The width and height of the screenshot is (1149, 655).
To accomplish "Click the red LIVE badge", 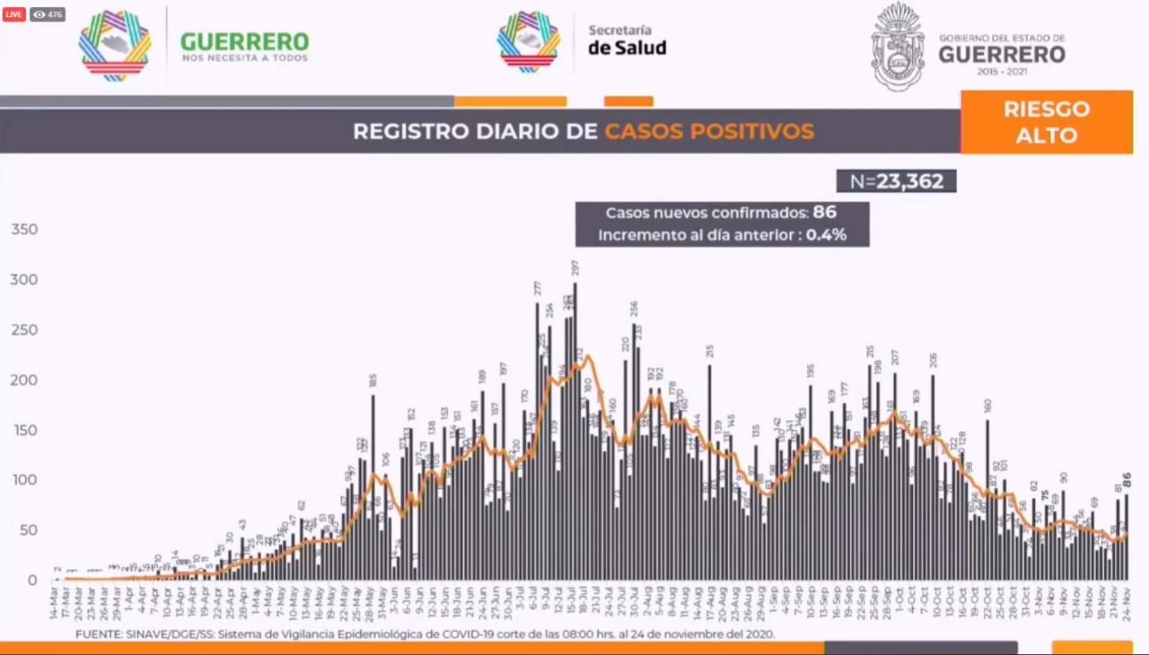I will pos(14,14).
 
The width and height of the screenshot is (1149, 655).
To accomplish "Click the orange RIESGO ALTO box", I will pos(1046,122).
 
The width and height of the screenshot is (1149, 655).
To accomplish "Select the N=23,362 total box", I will pos(896,181).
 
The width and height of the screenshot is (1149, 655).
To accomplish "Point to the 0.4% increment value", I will pos(825,235).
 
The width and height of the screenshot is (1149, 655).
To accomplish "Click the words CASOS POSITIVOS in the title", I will pos(709,131).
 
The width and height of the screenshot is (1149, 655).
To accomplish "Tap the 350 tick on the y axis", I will pos(24,230).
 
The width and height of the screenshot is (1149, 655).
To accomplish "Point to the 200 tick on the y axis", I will pos(24,380).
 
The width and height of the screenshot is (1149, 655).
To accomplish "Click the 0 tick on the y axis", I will pos(32,581).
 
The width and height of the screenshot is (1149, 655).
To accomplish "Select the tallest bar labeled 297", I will pos(574,431).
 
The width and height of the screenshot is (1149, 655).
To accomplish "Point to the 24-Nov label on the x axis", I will pos(1127,607).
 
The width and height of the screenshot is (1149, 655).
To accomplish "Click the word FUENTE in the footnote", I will pos(101,634).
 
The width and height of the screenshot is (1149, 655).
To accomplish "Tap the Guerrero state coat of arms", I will pos(898,47).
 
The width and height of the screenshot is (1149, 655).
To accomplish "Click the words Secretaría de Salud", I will pos(627,39).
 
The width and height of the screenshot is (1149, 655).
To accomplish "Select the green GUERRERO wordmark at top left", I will pos(244,42).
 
